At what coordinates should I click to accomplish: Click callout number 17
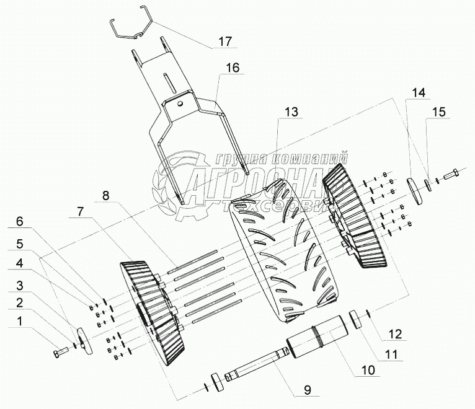click(224, 43)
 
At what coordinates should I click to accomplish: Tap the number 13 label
click(291, 112)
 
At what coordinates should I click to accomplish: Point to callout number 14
click(419, 93)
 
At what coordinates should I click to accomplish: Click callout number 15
click(438, 112)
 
